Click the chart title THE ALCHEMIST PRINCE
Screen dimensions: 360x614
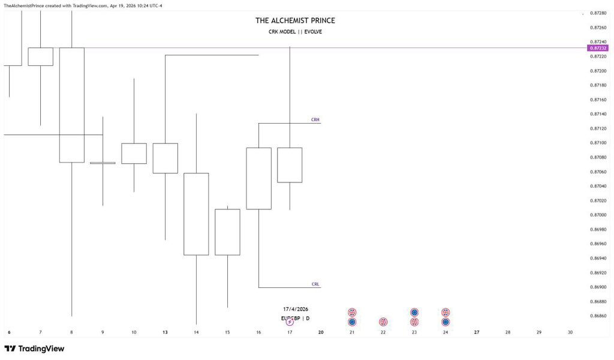[x=295, y=20]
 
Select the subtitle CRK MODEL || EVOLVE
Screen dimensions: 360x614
[x=295, y=32]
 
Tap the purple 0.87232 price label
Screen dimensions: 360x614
[x=598, y=48]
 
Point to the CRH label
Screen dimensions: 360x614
[x=315, y=120]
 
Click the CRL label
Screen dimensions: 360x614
[x=315, y=284]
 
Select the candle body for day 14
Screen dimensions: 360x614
[x=196, y=214]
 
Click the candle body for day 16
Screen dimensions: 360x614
[x=258, y=178]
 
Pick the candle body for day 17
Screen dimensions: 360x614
[x=290, y=165]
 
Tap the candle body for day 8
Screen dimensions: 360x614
[x=71, y=105]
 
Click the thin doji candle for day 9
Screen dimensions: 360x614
[x=103, y=163]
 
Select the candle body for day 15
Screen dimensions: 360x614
[x=227, y=232]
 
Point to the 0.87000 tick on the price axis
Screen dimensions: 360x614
[x=598, y=215]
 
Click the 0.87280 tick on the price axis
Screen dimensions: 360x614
[x=598, y=13]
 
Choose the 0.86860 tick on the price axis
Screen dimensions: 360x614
[x=598, y=316]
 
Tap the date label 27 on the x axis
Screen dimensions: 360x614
[x=477, y=332]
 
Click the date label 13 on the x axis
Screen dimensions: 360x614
[x=165, y=332]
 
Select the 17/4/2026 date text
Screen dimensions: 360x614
[x=296, y=309]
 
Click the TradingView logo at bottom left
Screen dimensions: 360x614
[x=34, y=349]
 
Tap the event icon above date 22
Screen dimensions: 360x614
[x=383, y=322]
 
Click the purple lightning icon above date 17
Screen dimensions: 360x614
[x=290, y=322]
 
